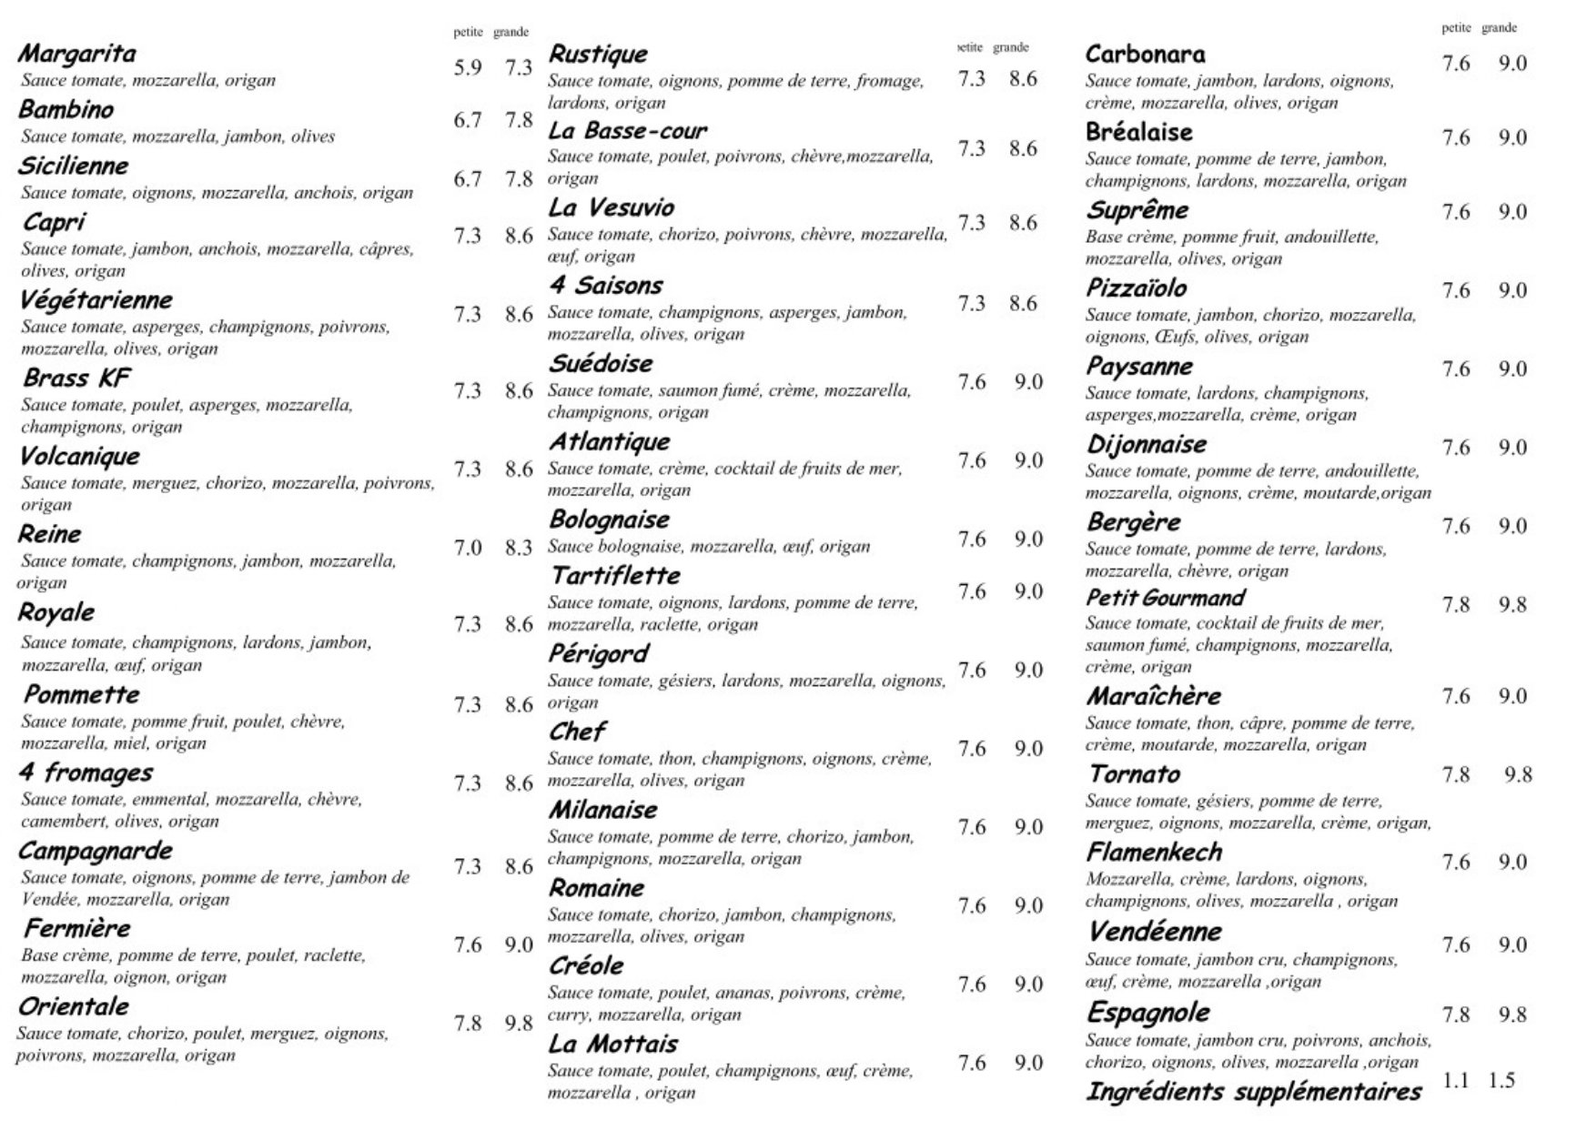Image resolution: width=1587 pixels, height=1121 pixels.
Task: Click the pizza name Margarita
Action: (76, 54)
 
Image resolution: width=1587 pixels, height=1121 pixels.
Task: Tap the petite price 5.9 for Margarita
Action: (468, 68)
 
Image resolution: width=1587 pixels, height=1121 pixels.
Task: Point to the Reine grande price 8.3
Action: (519, 549)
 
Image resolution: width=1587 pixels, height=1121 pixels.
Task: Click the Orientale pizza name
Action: (73, 1007)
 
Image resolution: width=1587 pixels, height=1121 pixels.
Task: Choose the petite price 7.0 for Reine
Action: (468, 549)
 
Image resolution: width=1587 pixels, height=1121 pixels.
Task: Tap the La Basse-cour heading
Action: (627, 131)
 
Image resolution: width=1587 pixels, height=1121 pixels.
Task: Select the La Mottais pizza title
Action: (612, 1045)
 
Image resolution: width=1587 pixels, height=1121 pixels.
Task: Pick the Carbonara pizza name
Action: (1145, 55)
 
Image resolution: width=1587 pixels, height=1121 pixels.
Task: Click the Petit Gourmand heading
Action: (1165, 599)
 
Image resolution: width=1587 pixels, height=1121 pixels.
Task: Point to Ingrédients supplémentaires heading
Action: (1253, 1091)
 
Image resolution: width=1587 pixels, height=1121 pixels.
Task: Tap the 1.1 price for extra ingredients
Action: (1456, 1080)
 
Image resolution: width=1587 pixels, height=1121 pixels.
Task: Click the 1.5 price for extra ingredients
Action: (1501, 1080)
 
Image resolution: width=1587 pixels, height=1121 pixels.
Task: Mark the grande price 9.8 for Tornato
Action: (1518, 775)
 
